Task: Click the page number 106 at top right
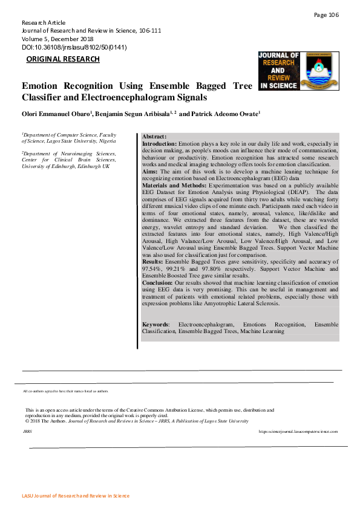pos(327,15)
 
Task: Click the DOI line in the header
pos(74,47)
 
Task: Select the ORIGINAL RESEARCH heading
pos(63,59)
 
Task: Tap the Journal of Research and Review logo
pos(279,71)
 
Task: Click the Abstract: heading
pos(154,137)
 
